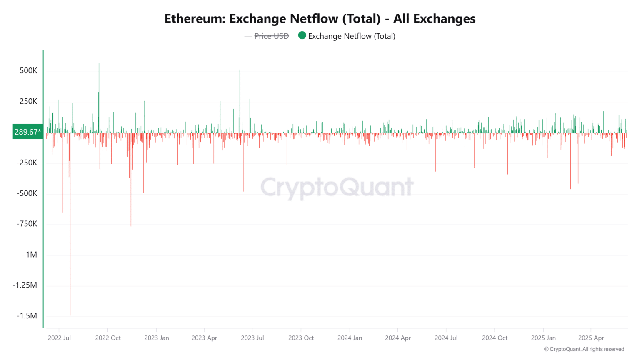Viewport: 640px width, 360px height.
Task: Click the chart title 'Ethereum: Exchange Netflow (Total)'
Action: pyautogui.click(x=320, y=19)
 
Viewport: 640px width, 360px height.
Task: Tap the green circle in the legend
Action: pyautogui.click(x=302, y=35)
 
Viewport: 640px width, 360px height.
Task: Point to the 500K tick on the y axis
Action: pyautogui.click(x=28, y=71)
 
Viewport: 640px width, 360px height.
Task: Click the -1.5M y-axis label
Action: pyautogui.click(x=27, y=316)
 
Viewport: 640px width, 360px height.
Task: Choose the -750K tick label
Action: pyautogui.click(x=27, y=224)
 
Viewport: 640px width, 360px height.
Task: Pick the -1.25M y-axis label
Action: pyautogui.click(x=25, y=285)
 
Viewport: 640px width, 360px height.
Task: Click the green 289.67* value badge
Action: pyautogui.click(x=27, y=132)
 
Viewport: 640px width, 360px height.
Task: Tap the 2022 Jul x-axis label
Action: pyautogui.click(x=59, y=338)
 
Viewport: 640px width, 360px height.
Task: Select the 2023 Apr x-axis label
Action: pyautogui.click(x=204, y=338)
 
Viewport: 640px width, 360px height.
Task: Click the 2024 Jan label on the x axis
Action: pyautogui.click(x=350, y=338)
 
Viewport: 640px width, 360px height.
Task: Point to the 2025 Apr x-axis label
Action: pyautogui.click(x=591, y=338)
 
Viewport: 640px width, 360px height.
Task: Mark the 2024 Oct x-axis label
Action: pyautogui.click(x=495, y=338)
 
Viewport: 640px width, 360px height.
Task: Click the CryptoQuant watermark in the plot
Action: pyautogui.click(x=337, y=187)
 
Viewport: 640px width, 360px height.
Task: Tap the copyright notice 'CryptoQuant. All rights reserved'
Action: pyautogui.click(x=584, y=349)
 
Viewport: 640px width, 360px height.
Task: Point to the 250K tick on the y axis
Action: pyautogui.click(x=28, y=102)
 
